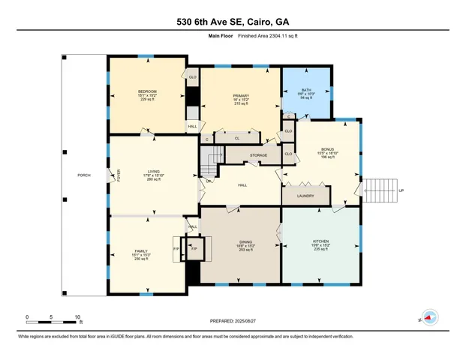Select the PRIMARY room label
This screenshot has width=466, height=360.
(x=241, y=96)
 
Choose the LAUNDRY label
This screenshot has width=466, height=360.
(x=305, y=196)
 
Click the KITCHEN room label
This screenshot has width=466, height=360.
(x=320, y=241)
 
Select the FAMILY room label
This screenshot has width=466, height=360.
(x=142, y=250)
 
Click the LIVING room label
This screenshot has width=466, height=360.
(x=152, y=170)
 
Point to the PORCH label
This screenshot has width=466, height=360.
(x=84, y=175)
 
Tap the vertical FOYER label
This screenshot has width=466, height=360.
(x=119, y=175)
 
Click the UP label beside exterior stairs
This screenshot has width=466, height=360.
(x=401, y=190)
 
